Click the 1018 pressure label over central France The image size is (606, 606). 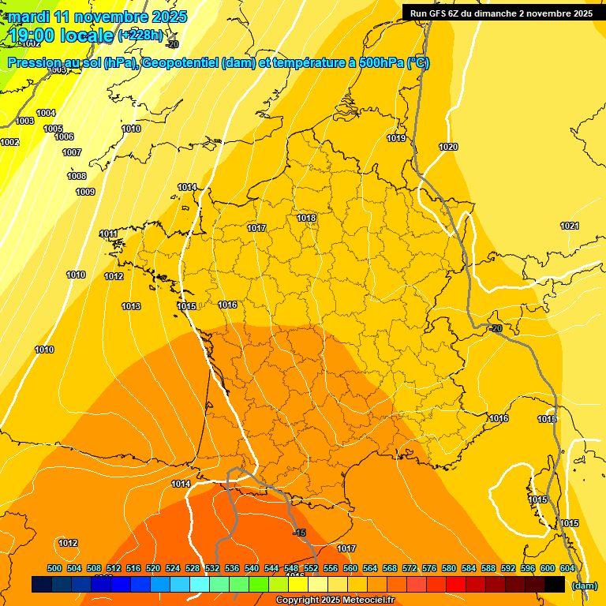[306, 219]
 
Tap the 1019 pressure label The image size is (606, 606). [396, 139]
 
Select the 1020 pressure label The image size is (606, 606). [448, 148]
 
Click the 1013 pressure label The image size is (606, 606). [131, 307]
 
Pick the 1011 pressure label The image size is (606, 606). [108, 234]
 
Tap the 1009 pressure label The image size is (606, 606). [85, 193]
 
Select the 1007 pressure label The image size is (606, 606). [72, 153]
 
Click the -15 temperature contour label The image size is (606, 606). [299, 533]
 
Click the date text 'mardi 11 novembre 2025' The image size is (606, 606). [98, 17]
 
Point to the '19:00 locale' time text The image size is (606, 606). [61, 36]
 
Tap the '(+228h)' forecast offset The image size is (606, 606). [140, 36]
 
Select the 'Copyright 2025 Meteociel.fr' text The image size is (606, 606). [335, 600]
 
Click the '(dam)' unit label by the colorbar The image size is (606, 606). [583, 585]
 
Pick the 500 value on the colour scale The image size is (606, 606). [54, 568]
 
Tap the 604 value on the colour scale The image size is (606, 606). [567, 568]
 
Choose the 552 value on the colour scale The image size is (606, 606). [311, 568]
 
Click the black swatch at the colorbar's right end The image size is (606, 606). [555, 585]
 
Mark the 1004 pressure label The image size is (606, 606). [46, 114]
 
